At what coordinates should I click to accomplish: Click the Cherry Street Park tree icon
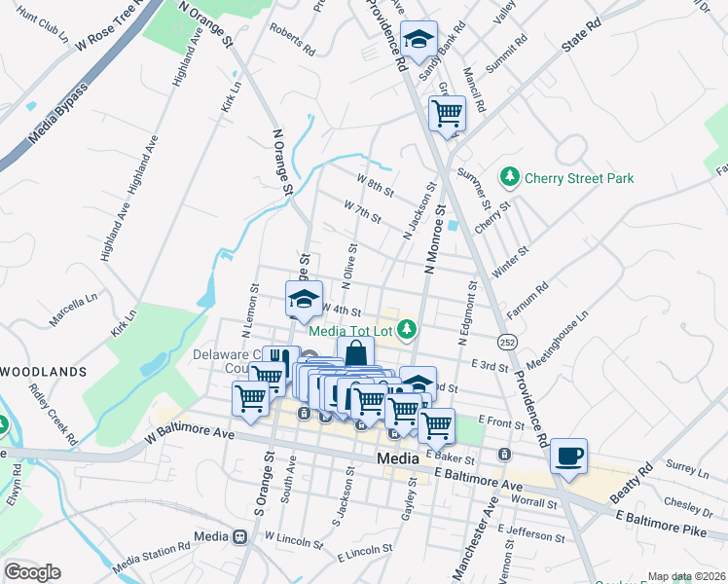(509, 177)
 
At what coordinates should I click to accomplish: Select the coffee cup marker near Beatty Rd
(568, 455)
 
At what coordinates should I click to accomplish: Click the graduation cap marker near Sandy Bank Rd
(419, 40)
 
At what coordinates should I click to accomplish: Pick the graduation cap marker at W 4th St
(304, 298)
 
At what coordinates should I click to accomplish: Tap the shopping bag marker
(355, 353)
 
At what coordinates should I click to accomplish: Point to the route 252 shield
(507, 342)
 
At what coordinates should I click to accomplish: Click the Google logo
(32, 572)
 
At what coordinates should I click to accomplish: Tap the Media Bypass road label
(58, 115)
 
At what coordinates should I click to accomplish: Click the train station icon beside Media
(238, 536)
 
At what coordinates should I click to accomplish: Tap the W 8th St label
(375, 185)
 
